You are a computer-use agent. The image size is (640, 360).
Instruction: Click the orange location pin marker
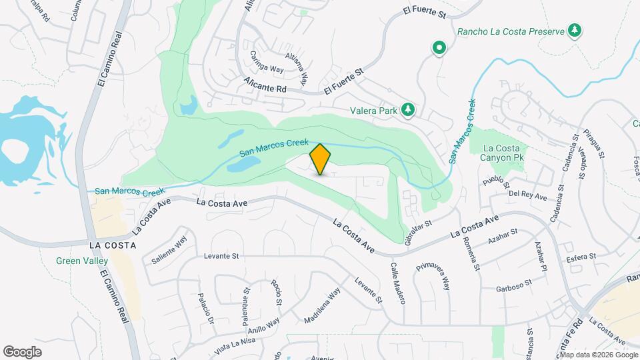coord(321,159)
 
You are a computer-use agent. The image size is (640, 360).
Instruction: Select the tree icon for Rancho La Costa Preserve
coord(574,30)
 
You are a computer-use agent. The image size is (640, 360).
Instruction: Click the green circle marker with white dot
coord(439,48)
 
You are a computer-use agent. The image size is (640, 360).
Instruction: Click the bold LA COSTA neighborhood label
coord(113,245)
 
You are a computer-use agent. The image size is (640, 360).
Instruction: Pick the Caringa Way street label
coord(267,61)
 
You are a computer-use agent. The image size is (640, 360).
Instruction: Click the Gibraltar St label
coord(419,228)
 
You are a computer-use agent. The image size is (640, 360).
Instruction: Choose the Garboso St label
coord(513,286)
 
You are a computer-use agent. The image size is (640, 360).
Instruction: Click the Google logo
coord(22,351)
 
